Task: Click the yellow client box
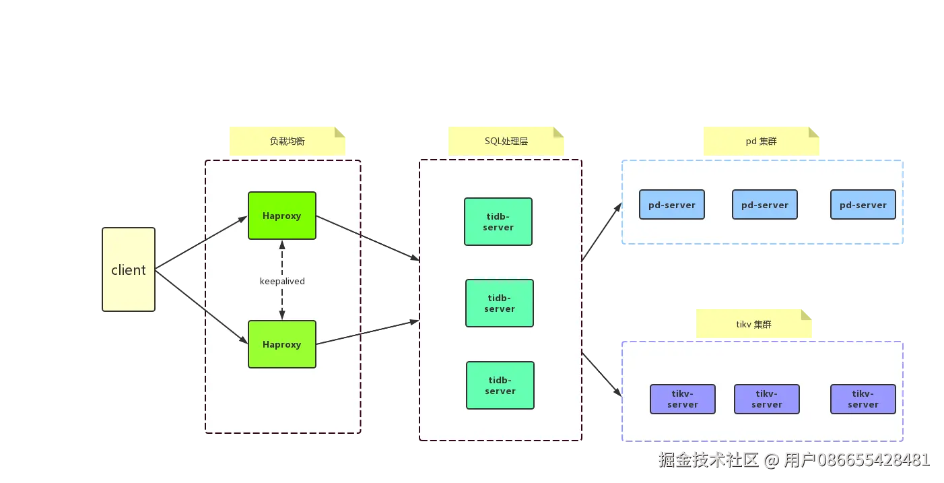tap(129, 269)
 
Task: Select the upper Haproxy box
tap(281, 216)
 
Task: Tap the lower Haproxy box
tap(281, 344)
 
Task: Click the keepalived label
tap(282, 281)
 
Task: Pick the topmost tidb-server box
tap(498, 222)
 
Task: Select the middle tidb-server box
tap(500, 303)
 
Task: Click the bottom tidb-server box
tap(500, 385)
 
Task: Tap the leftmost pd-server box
tap(672, 205)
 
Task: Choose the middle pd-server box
tap(765, 205)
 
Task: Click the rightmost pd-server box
tap(863, 205)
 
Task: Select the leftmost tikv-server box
tap(683, 399)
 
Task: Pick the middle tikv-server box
tap(767, 399)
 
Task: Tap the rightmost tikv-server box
tap(863, 399)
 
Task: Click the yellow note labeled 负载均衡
tap(288, 141)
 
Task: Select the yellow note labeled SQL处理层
tap(506, 141)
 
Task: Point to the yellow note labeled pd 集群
tap(761, 141)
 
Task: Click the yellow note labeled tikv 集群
tap(754, 324)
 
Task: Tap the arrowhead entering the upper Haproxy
tap(243, 219)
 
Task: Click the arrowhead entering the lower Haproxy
tap(243, 340)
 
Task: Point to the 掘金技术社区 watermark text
tap(708, 460)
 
